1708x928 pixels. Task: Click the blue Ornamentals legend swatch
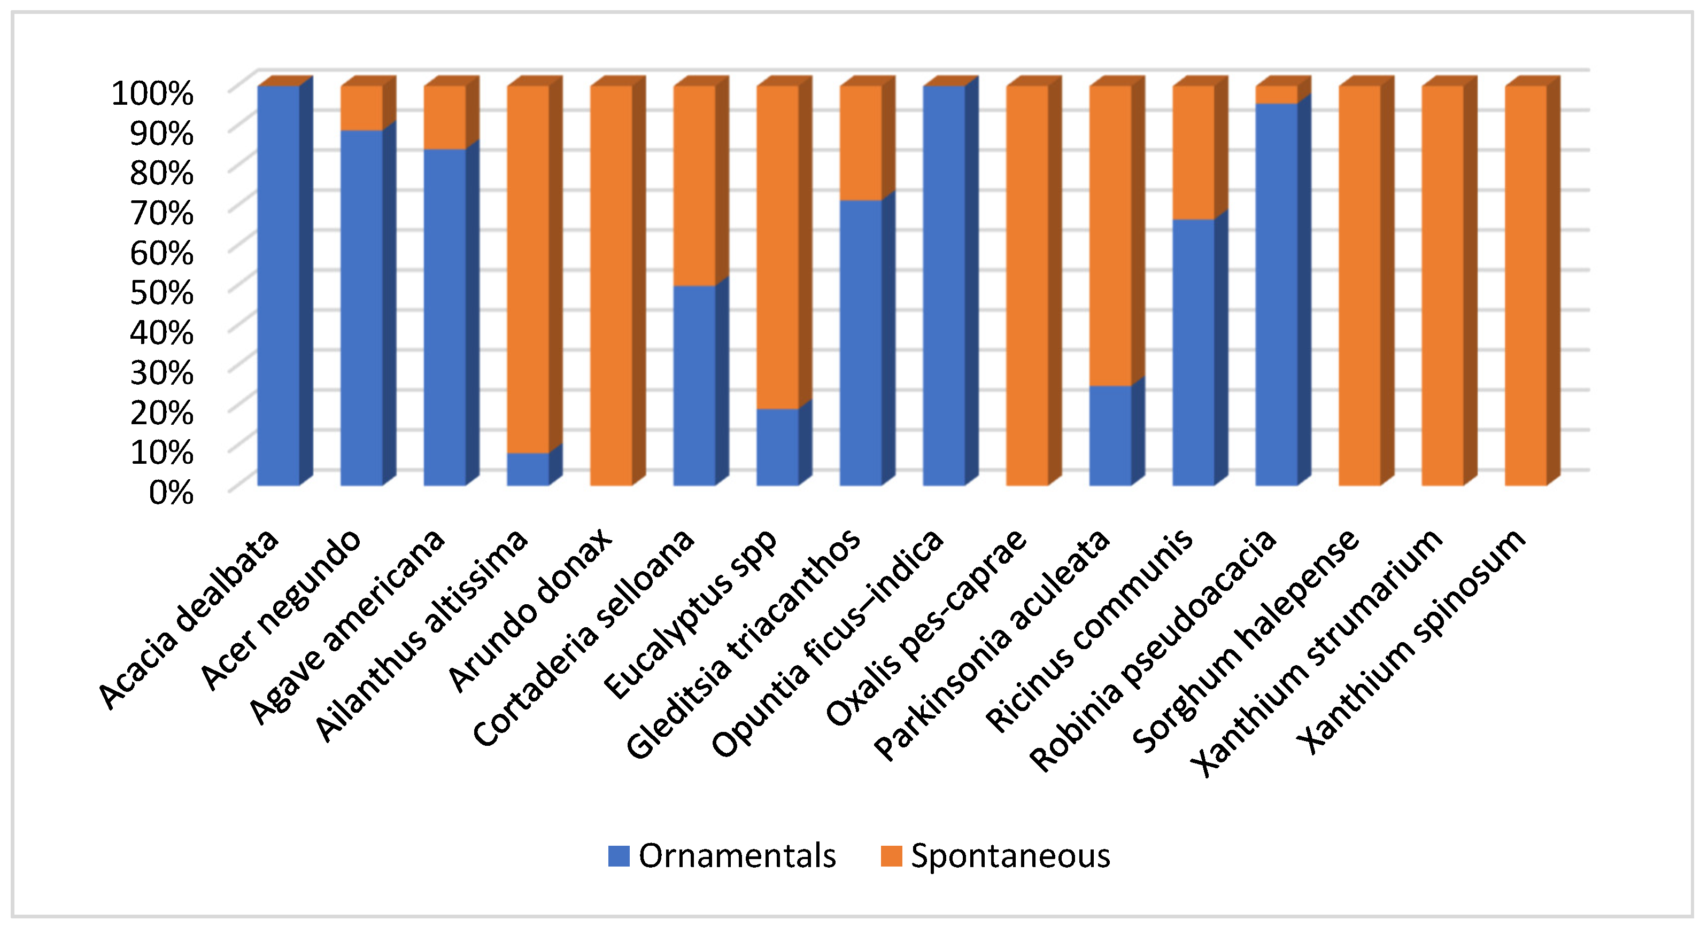pyautogui.click(x=618, y=856)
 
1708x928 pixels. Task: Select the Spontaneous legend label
pyautogui.click(x=1010, y=856)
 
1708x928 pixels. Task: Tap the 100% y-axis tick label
pyautogui.click(x=152, y=93)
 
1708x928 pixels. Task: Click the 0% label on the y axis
pyautogui.click(x=171, y=493)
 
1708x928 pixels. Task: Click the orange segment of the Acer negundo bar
pyautogui.click(x=361, y=108)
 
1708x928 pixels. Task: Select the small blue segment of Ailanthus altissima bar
pyautogui.click(x=528, y=469)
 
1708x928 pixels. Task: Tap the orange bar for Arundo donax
pyautogui.click(x=610, y=285)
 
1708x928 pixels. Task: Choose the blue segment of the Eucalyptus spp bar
pyautogui.click(x=777, y=447)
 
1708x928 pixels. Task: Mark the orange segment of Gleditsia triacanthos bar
pyautogui.click(x=861, y=143)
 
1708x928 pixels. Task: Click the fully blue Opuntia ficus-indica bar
pyautogui.click(x=944, y=285)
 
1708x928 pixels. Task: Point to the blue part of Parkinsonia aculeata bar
pyautogui.click(x=1110, y=435)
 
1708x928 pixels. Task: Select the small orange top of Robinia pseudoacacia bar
pyautogui.click(x=1277, y=95)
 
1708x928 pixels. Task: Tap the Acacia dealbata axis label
pyautogui.click(x=189, y=620)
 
